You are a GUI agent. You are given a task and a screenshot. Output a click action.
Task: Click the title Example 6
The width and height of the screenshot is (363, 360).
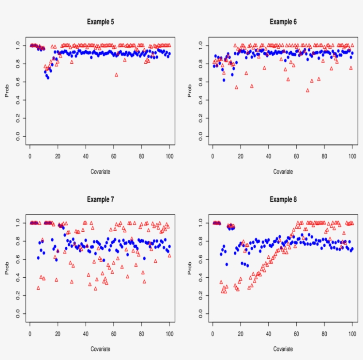click(283, 21)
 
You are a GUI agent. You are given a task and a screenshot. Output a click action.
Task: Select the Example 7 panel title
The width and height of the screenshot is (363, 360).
click(100, 199)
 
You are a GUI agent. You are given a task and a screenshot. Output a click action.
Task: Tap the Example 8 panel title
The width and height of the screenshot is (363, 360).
click(283, 199)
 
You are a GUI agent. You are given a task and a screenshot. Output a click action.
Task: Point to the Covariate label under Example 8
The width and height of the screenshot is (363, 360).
click(283, 349)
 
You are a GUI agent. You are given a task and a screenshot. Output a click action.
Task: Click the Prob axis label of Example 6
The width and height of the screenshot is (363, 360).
click(190, 91)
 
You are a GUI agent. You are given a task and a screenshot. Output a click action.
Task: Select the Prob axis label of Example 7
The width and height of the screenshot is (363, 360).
click(7, 268)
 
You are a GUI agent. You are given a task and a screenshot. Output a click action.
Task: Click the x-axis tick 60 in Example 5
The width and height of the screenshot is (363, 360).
click(113, 155)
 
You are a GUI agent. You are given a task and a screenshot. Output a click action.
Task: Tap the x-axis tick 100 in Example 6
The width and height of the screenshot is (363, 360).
click(352, 155)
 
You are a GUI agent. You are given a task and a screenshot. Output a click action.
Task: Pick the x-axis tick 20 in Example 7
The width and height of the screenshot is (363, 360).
click(58, 333)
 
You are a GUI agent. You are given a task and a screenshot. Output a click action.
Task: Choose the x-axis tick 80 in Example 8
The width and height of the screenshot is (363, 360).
click(324, 333)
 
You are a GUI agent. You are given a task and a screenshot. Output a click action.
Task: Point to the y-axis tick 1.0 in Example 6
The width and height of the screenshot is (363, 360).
click(200, 45)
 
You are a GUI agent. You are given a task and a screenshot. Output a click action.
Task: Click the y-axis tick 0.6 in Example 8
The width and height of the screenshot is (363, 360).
click(200, 259)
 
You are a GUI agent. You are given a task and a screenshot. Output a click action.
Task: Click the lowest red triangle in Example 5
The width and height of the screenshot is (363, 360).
click(116, 75)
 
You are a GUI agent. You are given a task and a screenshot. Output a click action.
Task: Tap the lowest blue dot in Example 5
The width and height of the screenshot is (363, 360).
click(47, 77)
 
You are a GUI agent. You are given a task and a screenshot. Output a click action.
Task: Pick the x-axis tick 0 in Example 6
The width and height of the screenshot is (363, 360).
click(213, 155)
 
